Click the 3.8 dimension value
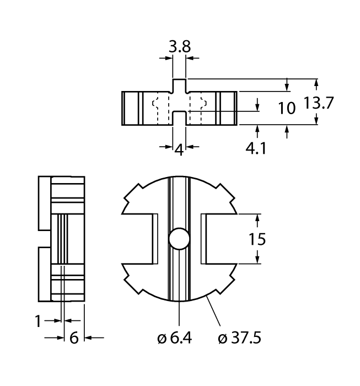pos(179,47)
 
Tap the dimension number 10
pos(287,108)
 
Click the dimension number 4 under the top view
pos(179,149)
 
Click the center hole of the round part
pos(179,239)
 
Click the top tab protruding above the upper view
pos(179,85)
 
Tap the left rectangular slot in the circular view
pos(144,239)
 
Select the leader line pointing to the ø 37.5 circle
pos(214,312)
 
